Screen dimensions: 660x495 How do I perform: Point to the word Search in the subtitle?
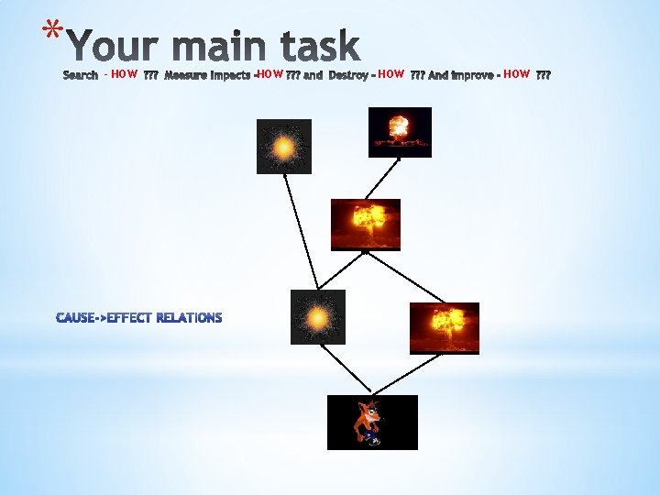(81, 75)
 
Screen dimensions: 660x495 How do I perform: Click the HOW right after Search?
(124, 74)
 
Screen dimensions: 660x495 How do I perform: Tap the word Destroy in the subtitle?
(348, 75)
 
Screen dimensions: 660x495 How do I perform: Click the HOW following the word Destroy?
(390, 74)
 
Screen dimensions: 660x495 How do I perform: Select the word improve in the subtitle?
(471, 75)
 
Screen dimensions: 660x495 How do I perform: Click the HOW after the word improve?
(516, 74)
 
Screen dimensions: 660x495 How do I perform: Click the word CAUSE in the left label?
(76, 318)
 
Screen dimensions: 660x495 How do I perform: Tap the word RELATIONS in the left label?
(190, 318)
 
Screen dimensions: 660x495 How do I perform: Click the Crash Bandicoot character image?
(372, 423)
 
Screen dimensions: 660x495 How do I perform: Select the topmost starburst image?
(284, 147)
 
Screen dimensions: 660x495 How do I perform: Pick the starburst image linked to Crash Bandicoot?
(317, 317)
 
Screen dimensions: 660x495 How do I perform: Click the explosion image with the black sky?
(400, 132)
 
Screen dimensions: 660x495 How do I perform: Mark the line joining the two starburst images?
(301, 231)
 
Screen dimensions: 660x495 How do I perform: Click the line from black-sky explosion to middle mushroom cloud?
(382, 179)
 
